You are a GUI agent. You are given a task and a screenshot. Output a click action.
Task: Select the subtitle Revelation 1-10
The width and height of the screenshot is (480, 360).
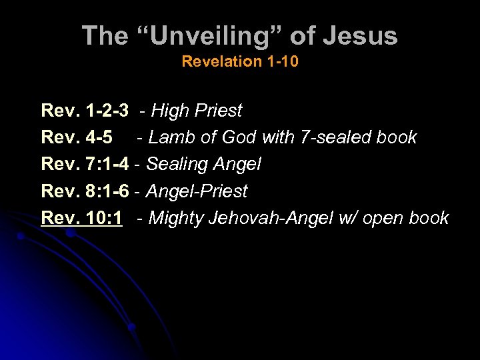[240, 62]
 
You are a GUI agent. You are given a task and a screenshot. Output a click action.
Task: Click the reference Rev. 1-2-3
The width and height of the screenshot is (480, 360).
[85, 111]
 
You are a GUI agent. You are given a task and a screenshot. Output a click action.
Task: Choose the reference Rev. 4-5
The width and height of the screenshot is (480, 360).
[76, 137]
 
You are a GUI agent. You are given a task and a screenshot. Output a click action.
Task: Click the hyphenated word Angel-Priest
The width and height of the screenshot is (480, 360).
[196, 191]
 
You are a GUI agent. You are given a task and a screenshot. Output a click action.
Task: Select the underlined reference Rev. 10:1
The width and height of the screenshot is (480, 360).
[81, 218]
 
